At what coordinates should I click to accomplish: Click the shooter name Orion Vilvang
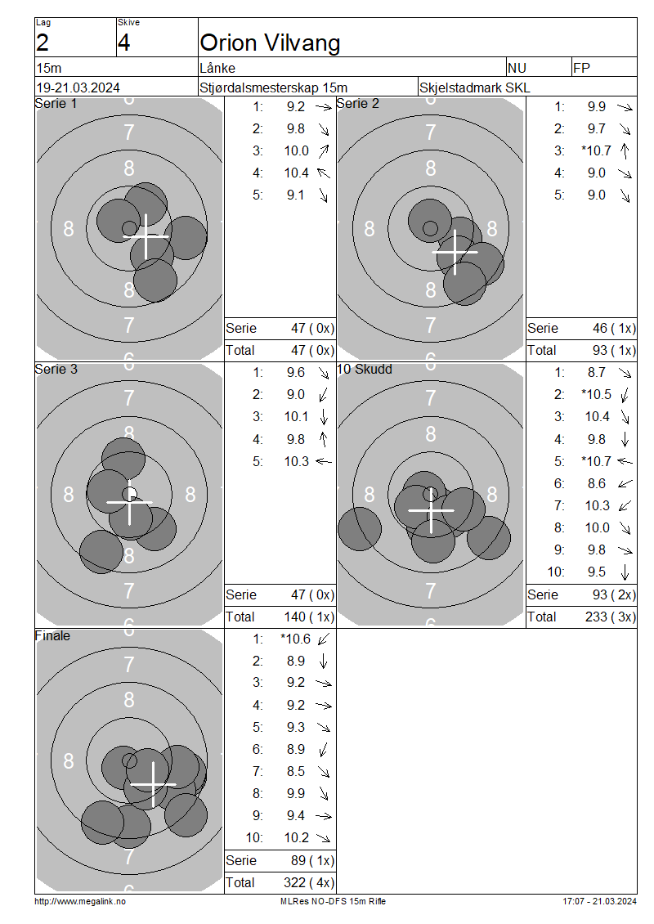click(270, 43)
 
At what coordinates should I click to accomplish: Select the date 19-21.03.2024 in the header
click(78, 87)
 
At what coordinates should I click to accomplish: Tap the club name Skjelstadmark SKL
click(474, 87)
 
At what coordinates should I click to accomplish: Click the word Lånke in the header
click(217, 69)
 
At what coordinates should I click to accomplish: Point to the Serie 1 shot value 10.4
click(297, 173)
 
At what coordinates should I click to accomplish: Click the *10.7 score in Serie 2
click(596, 150)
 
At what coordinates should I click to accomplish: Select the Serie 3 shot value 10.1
click(297, 417)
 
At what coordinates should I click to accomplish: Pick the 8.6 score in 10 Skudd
click(596, 484)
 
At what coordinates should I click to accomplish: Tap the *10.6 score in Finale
click(295, 639)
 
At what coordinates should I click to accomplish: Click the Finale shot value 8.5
click(296, 771)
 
